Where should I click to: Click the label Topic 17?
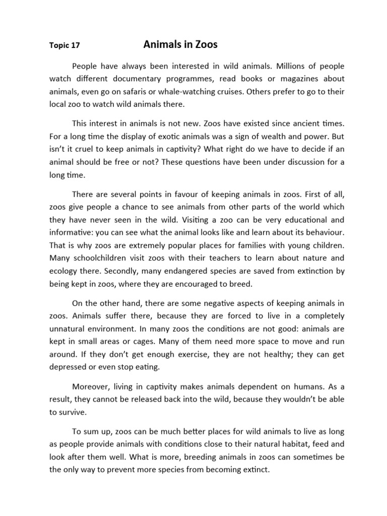[64, 45]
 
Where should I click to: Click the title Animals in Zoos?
[180, 44]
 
